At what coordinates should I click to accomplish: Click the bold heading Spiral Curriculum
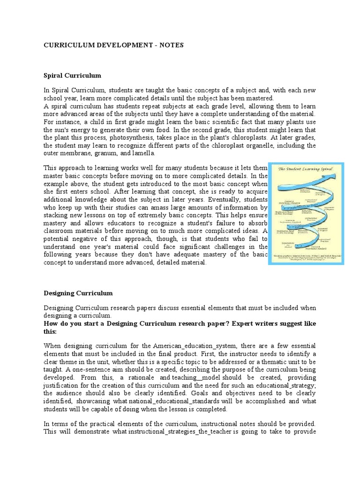(x=72, y=75)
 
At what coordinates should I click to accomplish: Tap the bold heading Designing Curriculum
(x=78, y=293)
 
